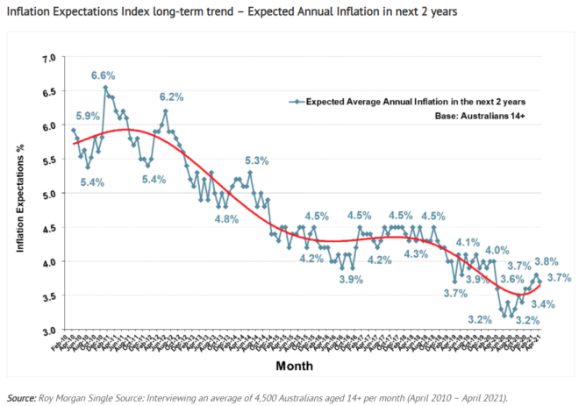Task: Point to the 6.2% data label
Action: pos(171,97)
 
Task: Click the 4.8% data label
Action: pos(226,218)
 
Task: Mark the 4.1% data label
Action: pos(467,242)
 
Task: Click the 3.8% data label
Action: pos(546,260)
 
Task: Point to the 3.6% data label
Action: pos(511,279)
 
